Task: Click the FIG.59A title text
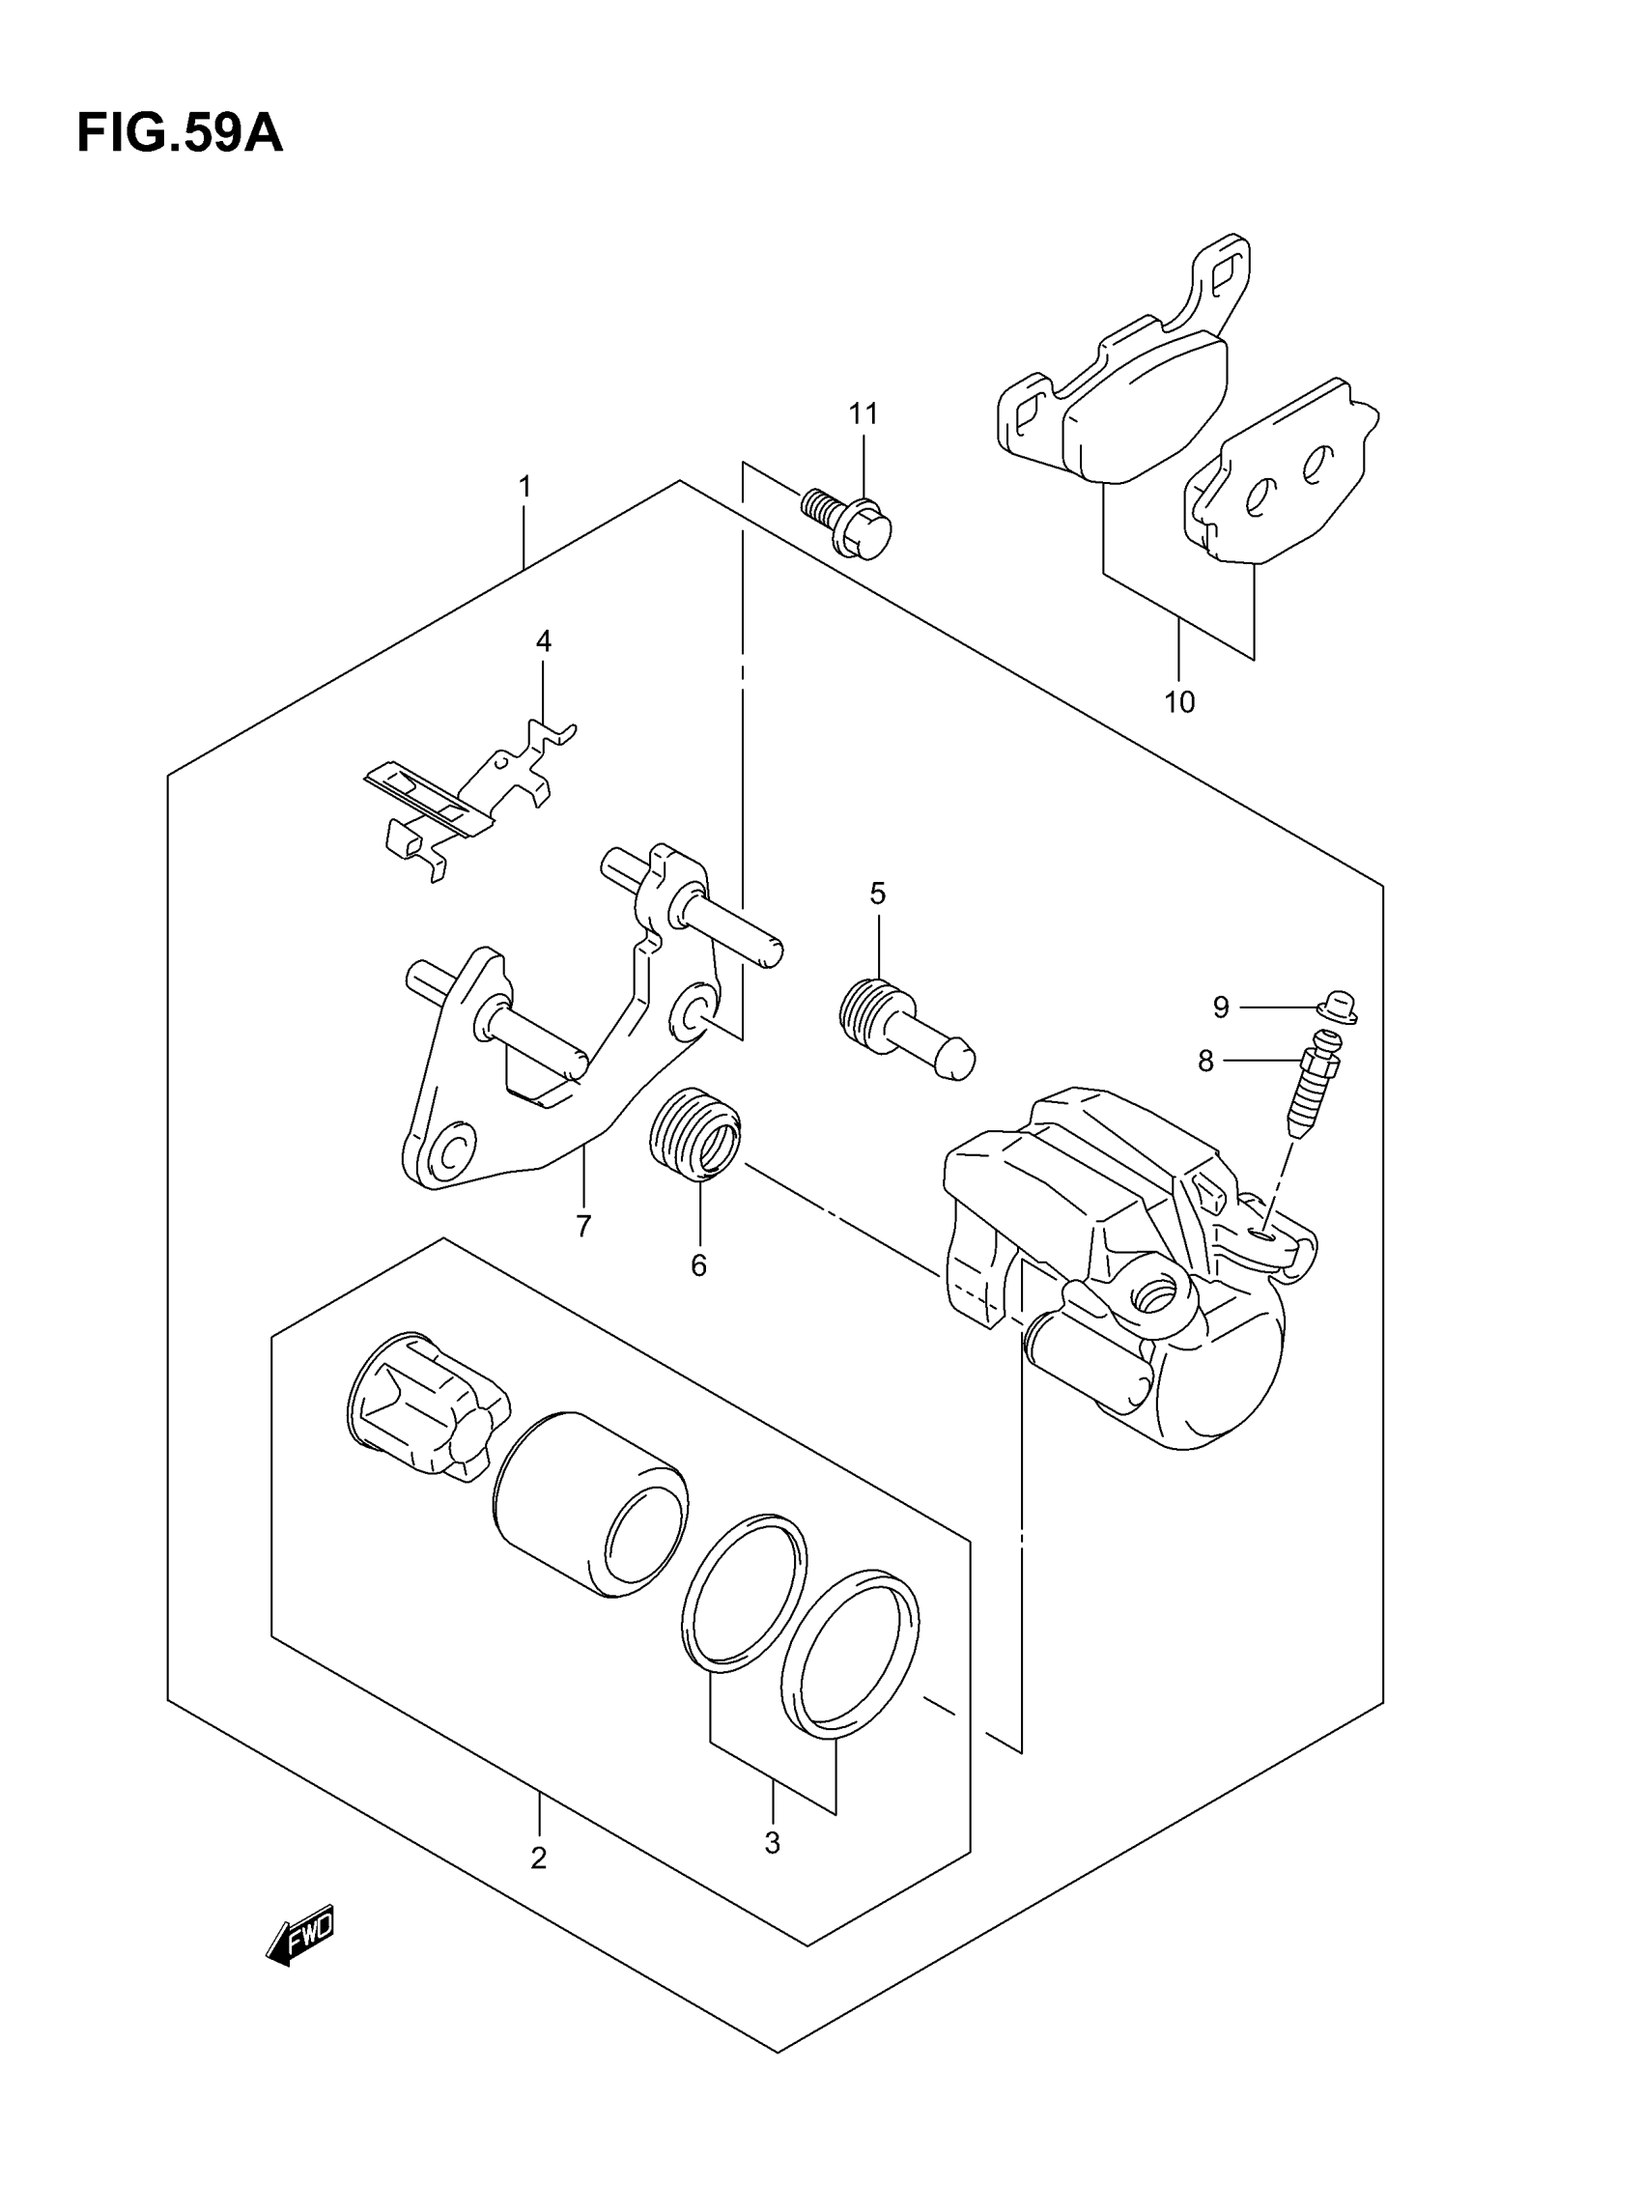(x=179, y=133)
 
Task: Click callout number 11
(x=863, y=413)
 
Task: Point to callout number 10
(x=1178, y=702)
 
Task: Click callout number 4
(x=544, y=641)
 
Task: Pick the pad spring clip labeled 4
(x=465, y=796)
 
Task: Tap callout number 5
(x=877, y=893)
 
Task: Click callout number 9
(x=1221, y=1007)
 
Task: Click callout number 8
(x=1205, y=1061)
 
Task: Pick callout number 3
(x=773, y=1842)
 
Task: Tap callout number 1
(x=525, y=486)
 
